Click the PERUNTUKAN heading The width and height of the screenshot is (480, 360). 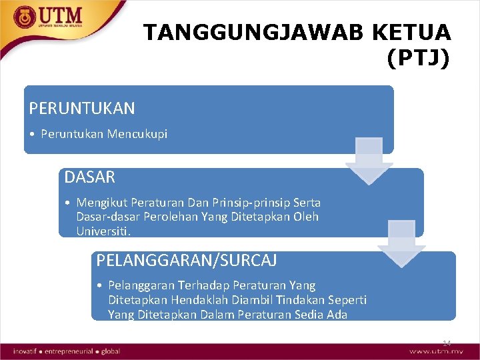pos(82,108)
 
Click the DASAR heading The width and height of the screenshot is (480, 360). pos(90,177)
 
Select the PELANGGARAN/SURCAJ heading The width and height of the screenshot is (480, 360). pos(187,260)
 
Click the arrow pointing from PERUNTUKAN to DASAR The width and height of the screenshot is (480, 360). pos(369,161)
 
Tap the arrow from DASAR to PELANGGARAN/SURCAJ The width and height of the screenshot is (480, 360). pos(401,244)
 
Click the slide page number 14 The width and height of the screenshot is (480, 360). pos(446,343)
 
